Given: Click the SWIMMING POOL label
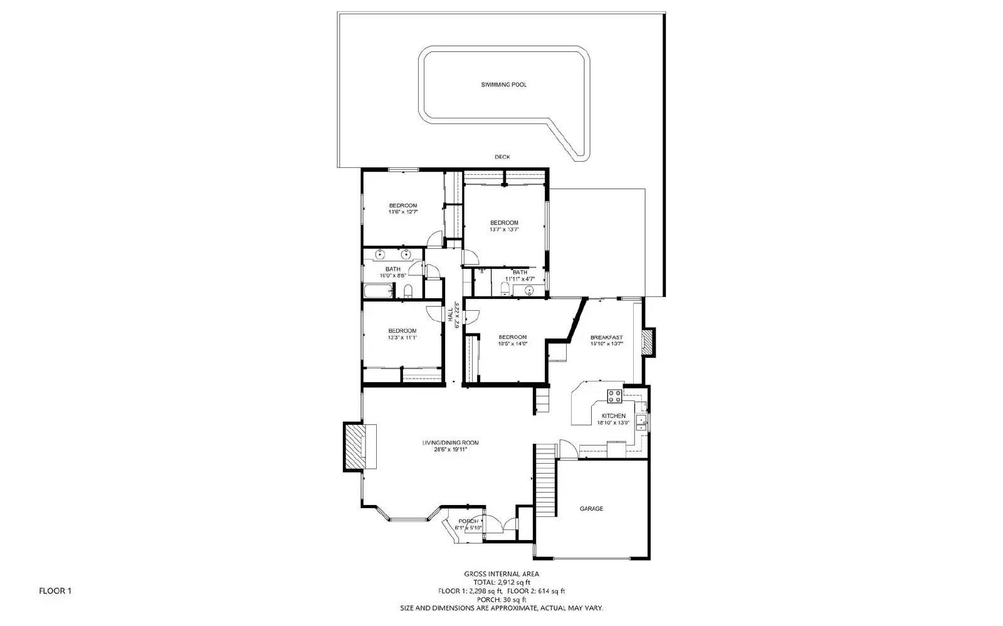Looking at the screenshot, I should (503, 85).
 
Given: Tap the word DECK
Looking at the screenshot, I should (502, 157).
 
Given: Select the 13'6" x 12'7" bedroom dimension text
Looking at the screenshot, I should (402, 212).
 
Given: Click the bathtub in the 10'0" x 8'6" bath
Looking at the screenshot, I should (377, 291).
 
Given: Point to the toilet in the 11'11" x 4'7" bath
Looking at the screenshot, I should (505, 288).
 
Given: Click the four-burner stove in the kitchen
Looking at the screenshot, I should (614, 395).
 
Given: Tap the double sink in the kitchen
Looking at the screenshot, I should (641, 421).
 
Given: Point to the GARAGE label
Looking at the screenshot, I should (591, 509).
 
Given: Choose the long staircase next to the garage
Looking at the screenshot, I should (545, 479).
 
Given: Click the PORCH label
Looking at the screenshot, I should (468, 521).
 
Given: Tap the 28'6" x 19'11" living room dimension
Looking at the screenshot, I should (450, 449).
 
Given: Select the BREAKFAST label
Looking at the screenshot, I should (606, 337).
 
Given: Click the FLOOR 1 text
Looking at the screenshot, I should (56, 590).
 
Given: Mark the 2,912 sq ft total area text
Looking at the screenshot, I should (501, 582).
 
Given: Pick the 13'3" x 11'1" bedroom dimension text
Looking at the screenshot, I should (402, 338).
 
